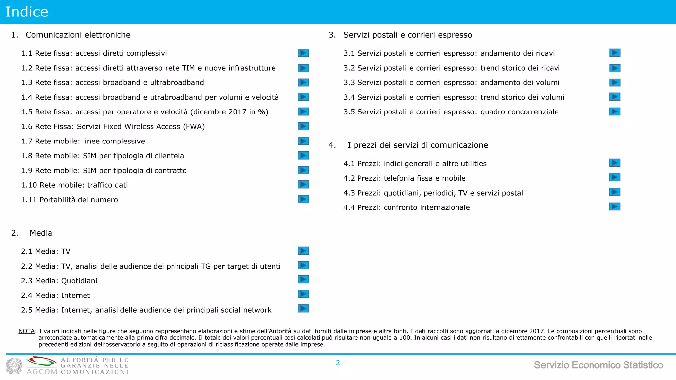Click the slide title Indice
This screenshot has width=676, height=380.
point(27,12)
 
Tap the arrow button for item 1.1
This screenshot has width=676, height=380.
point(303,53)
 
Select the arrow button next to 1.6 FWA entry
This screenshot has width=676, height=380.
point(303,126)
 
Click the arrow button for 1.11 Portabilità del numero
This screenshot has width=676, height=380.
point(303,199)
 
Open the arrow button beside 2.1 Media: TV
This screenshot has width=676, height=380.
point(303,251)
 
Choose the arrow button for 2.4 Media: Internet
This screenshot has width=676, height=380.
point(303,294)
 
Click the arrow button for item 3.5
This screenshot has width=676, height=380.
point(615,111)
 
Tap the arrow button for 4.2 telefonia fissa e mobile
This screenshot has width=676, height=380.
point(615,177)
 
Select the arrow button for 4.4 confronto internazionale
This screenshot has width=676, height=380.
point(615,207)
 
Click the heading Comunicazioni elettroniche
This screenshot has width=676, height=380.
point(78,35)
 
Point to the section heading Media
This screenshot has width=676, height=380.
point(41,233)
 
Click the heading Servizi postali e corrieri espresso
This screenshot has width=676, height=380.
point(408,35)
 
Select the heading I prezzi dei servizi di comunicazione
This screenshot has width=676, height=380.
point(418,145)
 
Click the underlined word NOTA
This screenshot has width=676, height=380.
point(27,331)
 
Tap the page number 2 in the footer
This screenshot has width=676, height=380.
point(338,363)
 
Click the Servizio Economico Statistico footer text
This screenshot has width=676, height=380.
point(598,365)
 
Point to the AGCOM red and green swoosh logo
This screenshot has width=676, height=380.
point(42,362)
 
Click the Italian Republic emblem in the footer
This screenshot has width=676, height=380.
point(14,366)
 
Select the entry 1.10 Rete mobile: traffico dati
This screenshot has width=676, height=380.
point(75,185)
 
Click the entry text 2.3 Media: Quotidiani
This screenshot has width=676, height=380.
point(59,281)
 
